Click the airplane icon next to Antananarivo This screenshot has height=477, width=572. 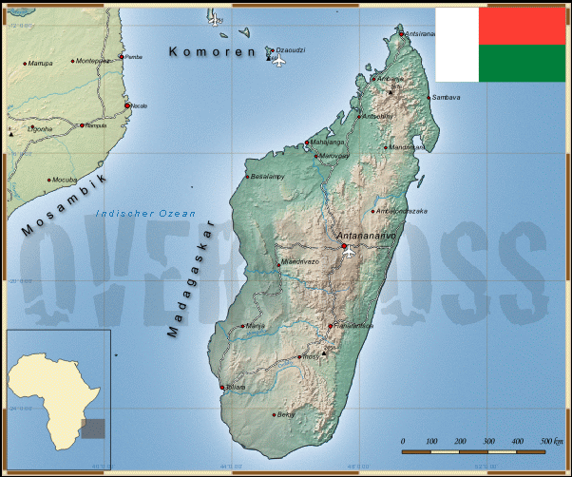point(350,252)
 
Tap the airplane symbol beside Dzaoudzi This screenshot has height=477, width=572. point(278,62)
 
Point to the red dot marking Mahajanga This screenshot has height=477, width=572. point(306,144)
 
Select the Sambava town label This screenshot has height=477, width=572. point(447,98)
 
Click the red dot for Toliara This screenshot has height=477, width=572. point(222,387)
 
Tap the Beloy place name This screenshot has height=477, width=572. point(287,414)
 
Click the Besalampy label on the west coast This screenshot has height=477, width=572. point(267,176)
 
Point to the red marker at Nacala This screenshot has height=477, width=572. point(127,105)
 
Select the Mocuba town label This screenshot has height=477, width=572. point(65,180)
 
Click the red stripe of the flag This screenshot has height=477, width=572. point(522,26)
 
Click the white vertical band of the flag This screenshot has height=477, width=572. point(457,44)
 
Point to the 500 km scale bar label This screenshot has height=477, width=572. point(551,442)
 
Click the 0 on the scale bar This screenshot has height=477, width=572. point(403,442)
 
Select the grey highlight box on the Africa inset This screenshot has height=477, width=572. point(92,429)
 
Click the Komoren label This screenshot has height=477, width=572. point(212,52)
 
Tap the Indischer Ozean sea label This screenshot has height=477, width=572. point(152,214)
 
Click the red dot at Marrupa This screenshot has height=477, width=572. point(25,64)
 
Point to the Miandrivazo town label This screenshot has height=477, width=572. point(299,261)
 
